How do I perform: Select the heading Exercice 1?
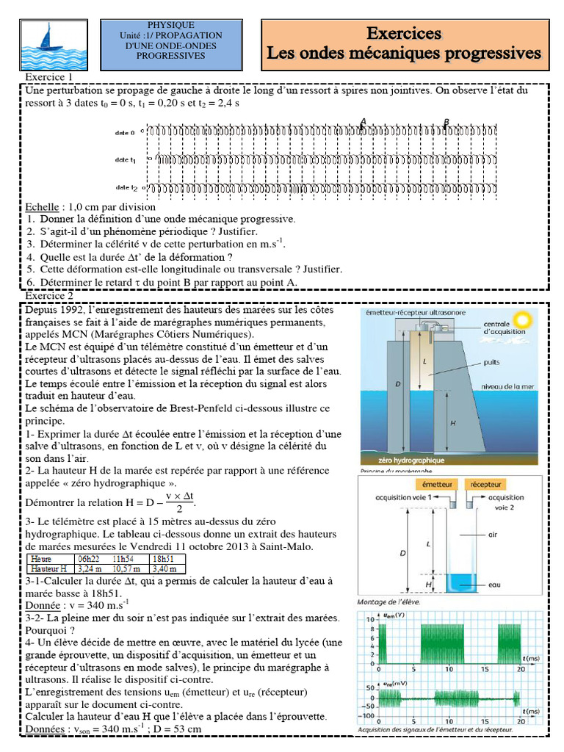48,77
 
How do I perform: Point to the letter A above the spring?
363,121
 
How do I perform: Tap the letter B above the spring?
446,122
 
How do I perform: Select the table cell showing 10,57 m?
126,568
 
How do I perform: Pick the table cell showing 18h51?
163,559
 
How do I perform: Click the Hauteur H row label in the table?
49,568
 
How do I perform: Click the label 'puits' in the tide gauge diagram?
493,362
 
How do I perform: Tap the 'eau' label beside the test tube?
495,585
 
